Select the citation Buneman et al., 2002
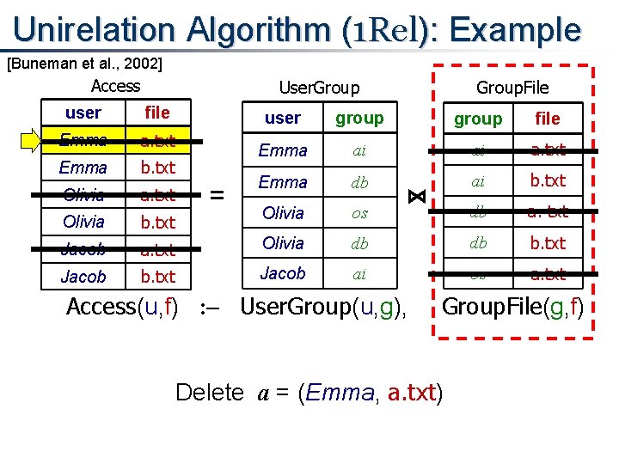pos(84,63)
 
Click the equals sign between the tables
pos(218,196)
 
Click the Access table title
pos(115,85)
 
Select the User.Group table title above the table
pos(319,88)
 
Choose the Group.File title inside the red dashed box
pos(512,88)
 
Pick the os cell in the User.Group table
pos(359,212)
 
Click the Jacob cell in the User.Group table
pos(283,273)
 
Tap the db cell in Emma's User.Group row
pos(359,182)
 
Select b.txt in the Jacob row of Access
pos(157,277)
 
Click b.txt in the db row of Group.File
pos(548,243)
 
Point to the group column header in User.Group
pos(359,118)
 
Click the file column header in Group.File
pos(547,119)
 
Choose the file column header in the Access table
pos(157,113)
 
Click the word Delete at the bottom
pos(210,393)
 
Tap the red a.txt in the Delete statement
pos(412,393)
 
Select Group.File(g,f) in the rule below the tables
pos(512,306)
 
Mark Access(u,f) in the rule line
pos(122,306)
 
